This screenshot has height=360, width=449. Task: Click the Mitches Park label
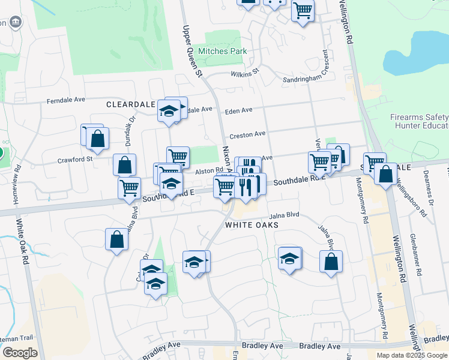222,52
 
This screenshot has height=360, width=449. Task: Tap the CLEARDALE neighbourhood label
130,104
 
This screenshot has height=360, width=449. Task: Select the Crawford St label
75,160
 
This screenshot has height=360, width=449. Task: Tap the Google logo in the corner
20,352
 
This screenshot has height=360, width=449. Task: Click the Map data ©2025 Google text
412,355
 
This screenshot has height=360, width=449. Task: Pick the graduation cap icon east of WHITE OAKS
289,259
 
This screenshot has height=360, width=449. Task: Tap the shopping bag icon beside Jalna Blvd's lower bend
331,262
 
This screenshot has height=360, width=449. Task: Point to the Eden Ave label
238,111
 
